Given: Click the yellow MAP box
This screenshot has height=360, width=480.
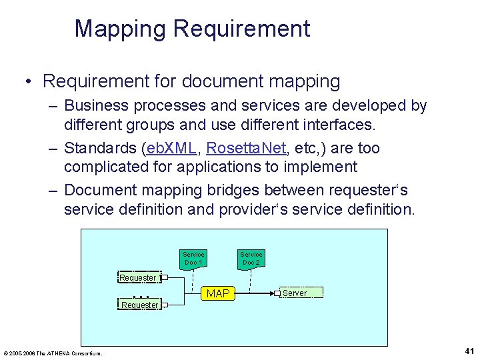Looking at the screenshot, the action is click(218, 293).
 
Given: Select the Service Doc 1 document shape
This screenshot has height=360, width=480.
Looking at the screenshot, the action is click(193, 258).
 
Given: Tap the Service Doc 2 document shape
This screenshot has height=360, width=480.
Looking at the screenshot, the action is click(251, 258).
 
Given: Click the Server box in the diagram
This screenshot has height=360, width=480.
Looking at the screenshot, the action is click(299, 293).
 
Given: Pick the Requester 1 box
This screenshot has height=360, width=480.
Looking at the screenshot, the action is click(138, 277).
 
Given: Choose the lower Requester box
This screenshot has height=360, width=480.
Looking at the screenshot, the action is click(139, 305).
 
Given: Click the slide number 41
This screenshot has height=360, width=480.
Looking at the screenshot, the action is click(469, 351).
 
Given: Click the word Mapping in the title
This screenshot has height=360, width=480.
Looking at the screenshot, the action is click(121, 29).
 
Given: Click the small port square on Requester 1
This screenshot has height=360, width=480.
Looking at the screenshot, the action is click(164, 277).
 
